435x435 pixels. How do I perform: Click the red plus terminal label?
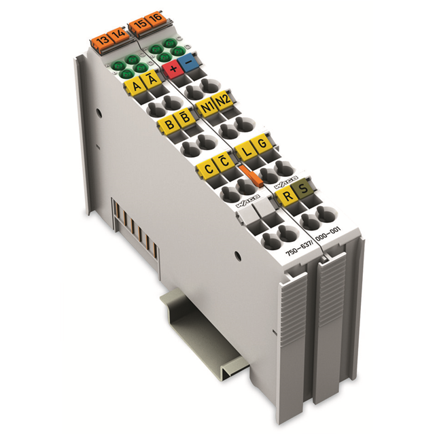[173, 66]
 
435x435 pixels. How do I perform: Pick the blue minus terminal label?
[189, 61]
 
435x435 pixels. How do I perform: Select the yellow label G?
[260, 143]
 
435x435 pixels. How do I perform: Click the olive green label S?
[303, 190]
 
